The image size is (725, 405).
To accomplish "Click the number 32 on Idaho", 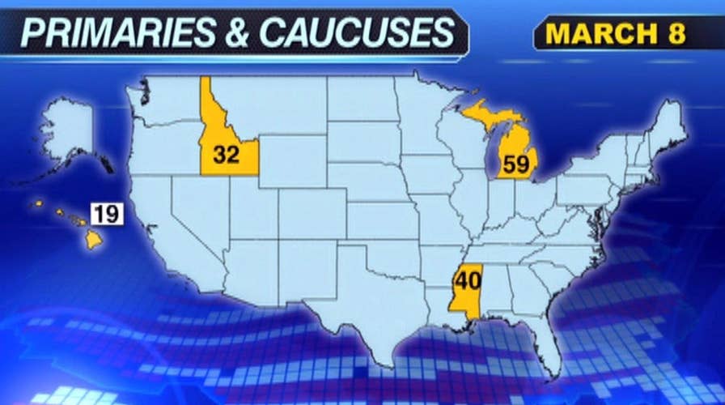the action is pyautogui.click(x=227, y=155).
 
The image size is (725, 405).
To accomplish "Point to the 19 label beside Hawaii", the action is pyautogui.click(x=106, y=215).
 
